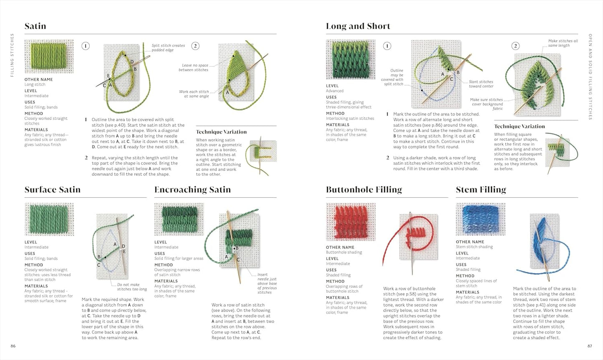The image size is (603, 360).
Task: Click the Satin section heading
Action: (x=35, y=26)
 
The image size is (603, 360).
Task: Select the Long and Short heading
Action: (x=358, y=26)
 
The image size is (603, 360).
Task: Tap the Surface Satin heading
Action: (x=52, y=190)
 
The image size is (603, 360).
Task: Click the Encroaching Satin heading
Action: (x=192, y=190)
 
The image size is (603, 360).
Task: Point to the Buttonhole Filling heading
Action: (x=363, y=190)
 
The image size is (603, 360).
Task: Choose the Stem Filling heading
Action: (x=481, y=190)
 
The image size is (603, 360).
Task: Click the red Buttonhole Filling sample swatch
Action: (x=351, y=222)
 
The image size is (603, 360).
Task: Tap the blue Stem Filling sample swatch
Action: (x=480, y=219)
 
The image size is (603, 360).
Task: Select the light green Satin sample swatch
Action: (x=49, y=56)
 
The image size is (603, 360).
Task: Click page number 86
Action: (x=13, y=346)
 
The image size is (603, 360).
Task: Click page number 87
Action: (x=590, y=346)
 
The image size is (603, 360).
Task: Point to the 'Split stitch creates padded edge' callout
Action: (x=168, y=48)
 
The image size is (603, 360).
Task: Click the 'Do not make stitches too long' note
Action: (x=131, y=287)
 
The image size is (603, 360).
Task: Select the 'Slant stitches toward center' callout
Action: (x=481, y=84)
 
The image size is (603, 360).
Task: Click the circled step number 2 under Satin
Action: (x=195, y=46)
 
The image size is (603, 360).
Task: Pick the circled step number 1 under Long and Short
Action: (x=387, y=46)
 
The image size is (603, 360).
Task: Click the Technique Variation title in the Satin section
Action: (x=221, y=132)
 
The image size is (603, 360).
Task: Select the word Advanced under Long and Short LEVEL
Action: (x=335, y=91)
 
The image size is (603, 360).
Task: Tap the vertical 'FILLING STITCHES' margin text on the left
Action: (x=12, y=55)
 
